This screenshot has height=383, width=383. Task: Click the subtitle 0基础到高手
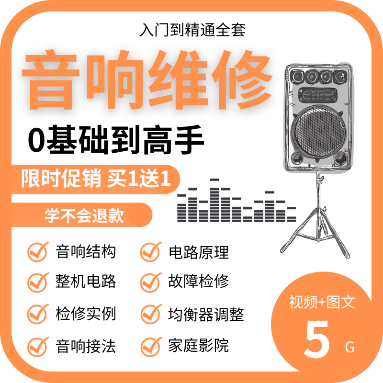pyautogui.click(x=116, y=139)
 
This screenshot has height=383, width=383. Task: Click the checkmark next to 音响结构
pyautogui.click(x=38, y=251)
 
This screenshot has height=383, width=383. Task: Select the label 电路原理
pyautogui.click(x=199, y=252)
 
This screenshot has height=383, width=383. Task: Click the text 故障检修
pyautogui.click(x=199, y=281)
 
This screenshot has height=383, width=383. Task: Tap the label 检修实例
pyautogui.click(x=86, y=314)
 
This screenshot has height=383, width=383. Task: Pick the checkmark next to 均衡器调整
pyautogui.click(x=150, y=314)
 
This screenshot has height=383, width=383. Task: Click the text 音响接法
pyautogui.click(x=86, y=345)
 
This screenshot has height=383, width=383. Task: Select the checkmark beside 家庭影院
pyautogui.click(x=150, y=345)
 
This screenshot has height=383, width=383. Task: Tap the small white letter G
pyautogui.click(x=349, y=347)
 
